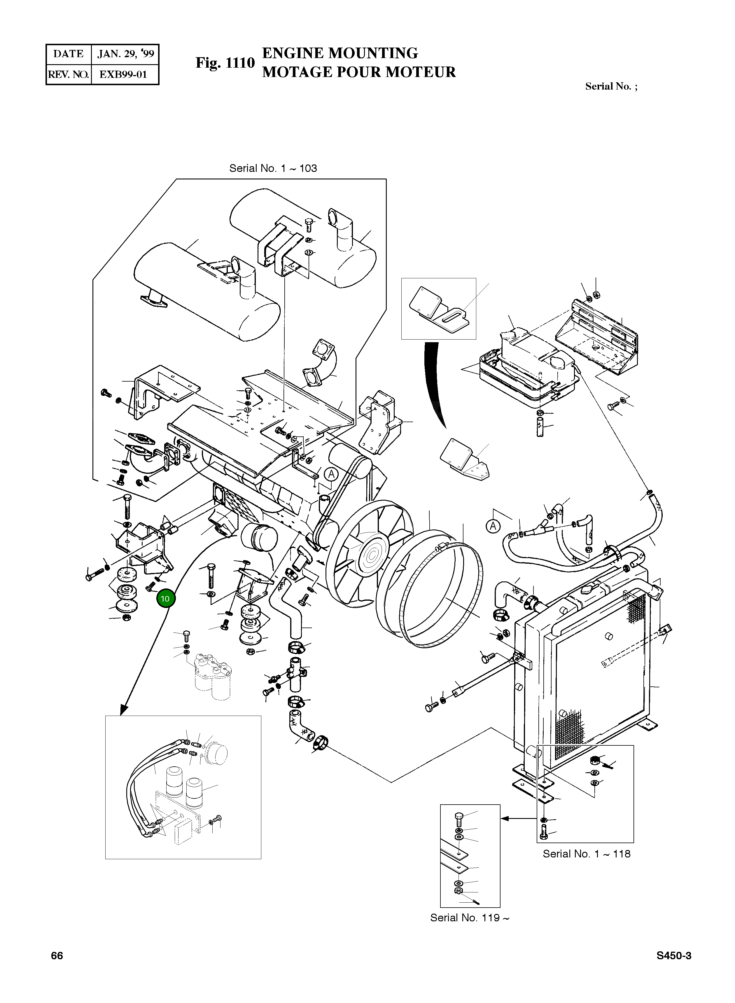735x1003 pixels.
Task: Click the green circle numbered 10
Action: coord(165,599)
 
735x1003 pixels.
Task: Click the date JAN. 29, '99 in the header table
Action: coord(125,54)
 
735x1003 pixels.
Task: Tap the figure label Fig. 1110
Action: coord(225,63)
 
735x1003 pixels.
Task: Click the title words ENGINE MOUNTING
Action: coord(340,53)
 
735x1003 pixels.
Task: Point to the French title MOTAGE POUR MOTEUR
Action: coord(358,72)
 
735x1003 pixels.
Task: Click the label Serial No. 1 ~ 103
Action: coord(273,168)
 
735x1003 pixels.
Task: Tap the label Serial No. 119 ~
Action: coord(469,918)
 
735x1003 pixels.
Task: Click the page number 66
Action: coord(57,956)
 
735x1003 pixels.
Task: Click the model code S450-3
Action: coord(673,956)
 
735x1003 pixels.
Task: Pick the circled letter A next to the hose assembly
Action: coord(493,527)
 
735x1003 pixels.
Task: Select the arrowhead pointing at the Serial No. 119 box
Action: coord(505,818)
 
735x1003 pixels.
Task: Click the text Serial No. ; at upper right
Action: coord(611,87)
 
